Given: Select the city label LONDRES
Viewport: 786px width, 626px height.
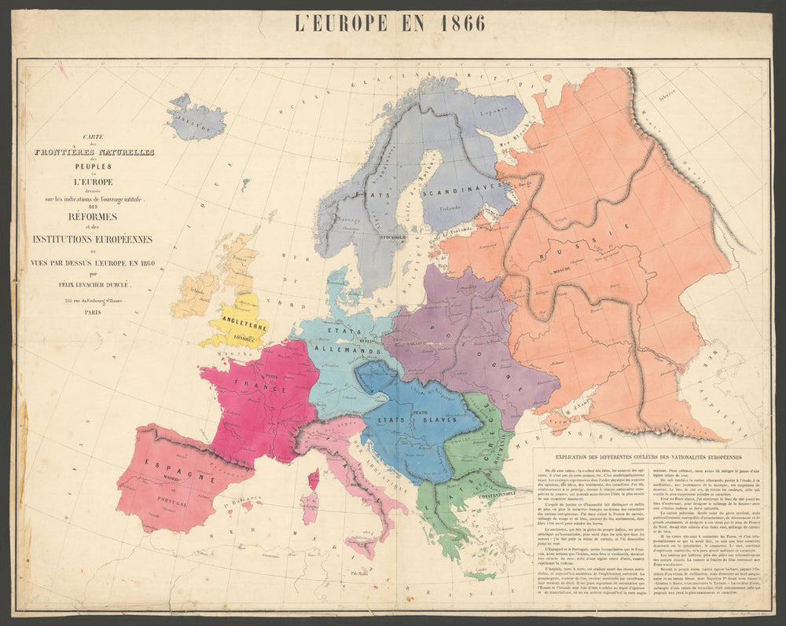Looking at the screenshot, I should (244, 340).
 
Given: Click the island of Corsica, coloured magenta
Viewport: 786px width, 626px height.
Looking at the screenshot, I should (314, 478).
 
